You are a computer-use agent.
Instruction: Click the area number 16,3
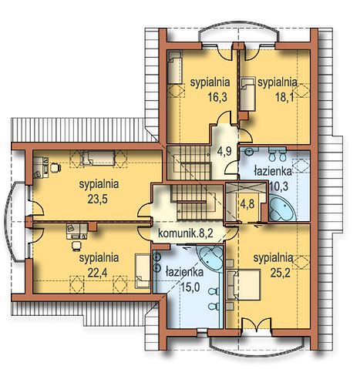pyautogui.click(x=217, y=97)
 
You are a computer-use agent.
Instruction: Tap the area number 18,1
pyautogui.click(x=284, y=97)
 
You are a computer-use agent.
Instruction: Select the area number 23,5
pyautogui.click(x=97, y=199)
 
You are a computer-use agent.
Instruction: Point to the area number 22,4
pyautogui.click(x=97, y=273)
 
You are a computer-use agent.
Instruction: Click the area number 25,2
pyautogui.click(x=280, y=273)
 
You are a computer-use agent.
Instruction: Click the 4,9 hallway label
pyautogui.click(x=224, y=151)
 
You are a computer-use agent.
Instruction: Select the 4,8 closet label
pyautogui.click(x=247, y=204)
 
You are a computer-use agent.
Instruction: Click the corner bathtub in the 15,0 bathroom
pyautogui.click(x=211, y=259)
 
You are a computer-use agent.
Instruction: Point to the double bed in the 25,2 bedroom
pyautogui.click(x=244, y=284)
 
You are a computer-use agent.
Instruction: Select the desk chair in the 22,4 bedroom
pyautogui.click(x=76, y=245)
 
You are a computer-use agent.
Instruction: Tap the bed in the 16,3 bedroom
pyautogui.click(x=175, y=67)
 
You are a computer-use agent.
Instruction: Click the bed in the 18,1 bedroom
pyautogui.click(x=248, y=94)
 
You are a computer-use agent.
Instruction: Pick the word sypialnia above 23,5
pyautogui.click(x=99, y=185)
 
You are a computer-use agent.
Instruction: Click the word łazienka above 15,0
pyautogui.click(x=185, y=273)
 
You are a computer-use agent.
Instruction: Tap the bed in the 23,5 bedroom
pyautogui.click(x=98, y=158)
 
